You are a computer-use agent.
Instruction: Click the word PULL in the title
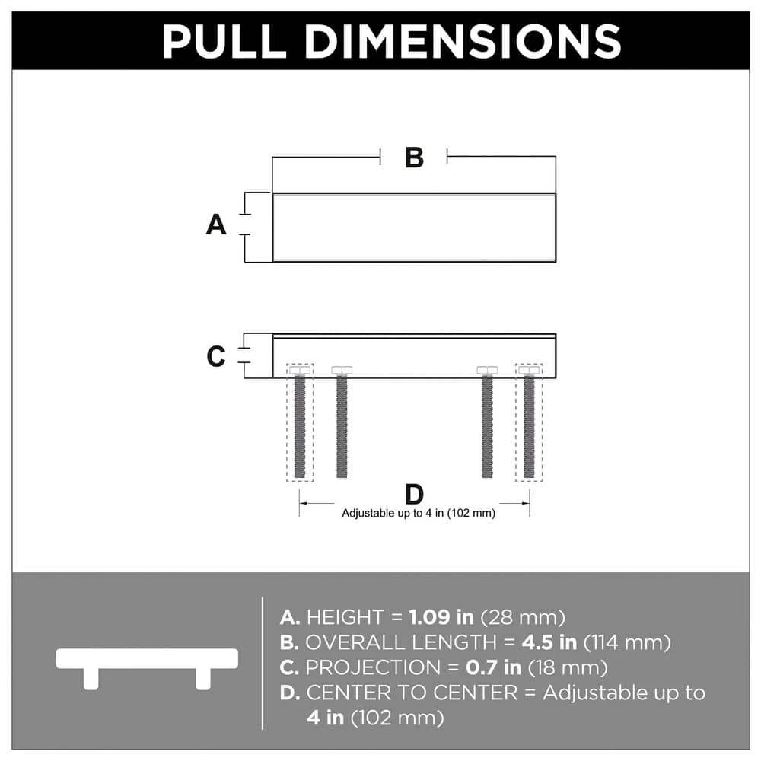pyautogui.click(x=228, y=41)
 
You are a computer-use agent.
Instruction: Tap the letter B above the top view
pyautogui.click(x=414, y=158)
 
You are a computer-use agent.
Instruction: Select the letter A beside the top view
pyautogui.click(x=217, y=225)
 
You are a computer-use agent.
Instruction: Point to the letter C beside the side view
pyautogui.click(x=217, y=356)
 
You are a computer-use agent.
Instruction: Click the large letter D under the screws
pyautogui.click(x=414, y=495)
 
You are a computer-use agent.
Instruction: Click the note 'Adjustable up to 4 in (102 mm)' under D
pyautogui.click(x=419, y=514)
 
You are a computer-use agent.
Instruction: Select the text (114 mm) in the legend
pyautogui.click(x=627, y=642)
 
